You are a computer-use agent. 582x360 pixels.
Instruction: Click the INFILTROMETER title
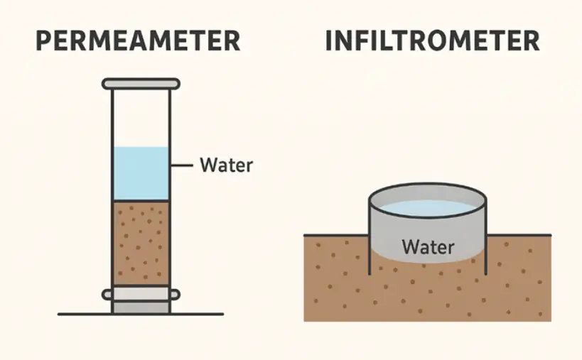[x=432, y=41]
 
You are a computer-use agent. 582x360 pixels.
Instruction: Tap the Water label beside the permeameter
[x=226, y=165]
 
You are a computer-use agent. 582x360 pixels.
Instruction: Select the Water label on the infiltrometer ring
[x=427, y=247]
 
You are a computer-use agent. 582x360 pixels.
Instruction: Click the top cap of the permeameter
[x=141, y=84]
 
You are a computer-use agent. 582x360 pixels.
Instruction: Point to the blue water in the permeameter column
[x=141, y=174]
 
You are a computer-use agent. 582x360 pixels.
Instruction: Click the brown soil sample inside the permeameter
[x=141, y=241]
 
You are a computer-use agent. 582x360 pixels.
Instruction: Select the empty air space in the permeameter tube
[x=141, y=117]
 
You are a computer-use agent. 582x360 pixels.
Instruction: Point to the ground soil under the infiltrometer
[x=426, y=295]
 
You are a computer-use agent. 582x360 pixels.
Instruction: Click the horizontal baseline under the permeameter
[x=78, y=314]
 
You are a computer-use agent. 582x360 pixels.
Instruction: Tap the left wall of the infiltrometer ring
[x=369, y=234]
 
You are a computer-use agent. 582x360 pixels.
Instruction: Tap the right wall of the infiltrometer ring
[x=485, y=234]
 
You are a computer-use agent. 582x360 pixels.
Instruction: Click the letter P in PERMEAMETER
[x=45, y=41]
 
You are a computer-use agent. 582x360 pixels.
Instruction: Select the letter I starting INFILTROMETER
[x=329, y=41]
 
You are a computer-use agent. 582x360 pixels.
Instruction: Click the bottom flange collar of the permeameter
[x=141, y=292]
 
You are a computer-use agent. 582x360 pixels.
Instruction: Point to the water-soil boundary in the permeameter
[x=141, y=201]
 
